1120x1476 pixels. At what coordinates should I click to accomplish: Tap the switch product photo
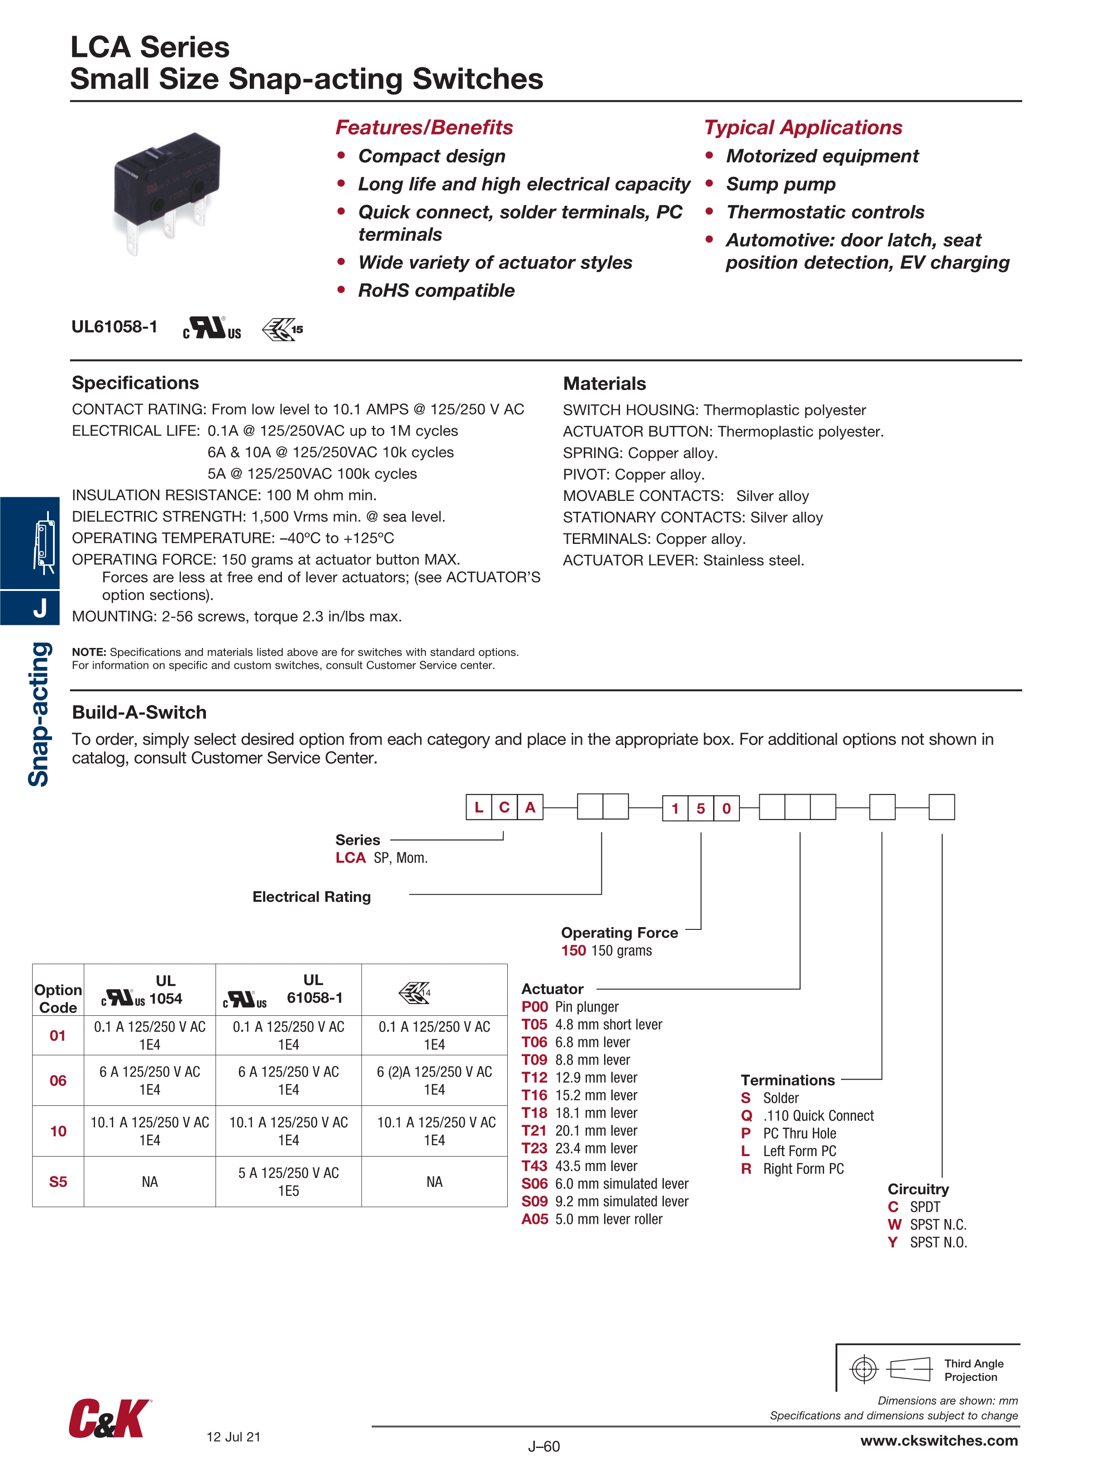167,190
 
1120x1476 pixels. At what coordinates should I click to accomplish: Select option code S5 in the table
58,1182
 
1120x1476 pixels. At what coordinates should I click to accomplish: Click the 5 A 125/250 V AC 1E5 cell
288,1182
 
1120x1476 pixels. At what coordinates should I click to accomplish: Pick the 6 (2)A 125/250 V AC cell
434,1081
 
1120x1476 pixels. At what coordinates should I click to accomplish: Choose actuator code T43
534,1166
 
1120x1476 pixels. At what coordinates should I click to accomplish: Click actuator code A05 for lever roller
534,1219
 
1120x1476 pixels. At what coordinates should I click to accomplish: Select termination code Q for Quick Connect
746,1116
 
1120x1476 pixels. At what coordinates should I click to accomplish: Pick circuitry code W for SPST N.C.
894,1224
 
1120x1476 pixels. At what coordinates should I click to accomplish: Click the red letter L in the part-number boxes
479,807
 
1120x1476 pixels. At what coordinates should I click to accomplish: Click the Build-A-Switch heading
139,713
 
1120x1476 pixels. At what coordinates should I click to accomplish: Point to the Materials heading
604,384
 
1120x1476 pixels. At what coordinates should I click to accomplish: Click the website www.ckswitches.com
939,1441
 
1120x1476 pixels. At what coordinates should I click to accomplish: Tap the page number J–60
544,1447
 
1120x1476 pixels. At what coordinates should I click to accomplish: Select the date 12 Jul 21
234,1437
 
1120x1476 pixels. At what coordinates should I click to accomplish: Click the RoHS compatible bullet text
436,291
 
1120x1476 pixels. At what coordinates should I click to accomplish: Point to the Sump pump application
780,184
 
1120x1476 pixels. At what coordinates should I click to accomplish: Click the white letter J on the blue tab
40,608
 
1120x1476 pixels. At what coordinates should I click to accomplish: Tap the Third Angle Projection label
973,1370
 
